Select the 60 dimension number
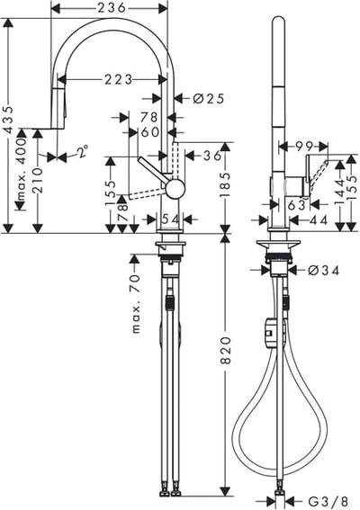(150, 131)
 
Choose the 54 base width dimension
(170, 219)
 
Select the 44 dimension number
(318, 219)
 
